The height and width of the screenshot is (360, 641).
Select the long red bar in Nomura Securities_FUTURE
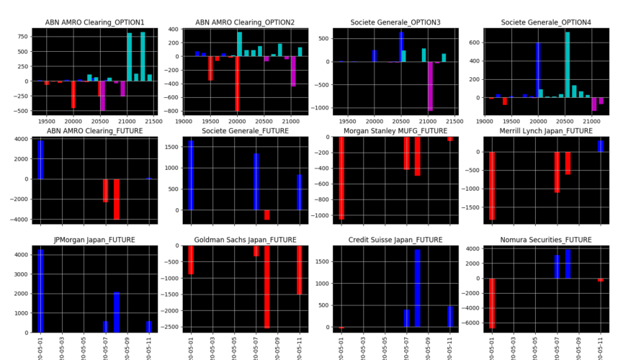[x=492, y=303]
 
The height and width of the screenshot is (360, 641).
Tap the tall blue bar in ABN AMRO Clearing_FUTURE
[x=40, y=159]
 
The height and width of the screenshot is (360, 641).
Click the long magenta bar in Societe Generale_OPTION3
[x=430, y=86]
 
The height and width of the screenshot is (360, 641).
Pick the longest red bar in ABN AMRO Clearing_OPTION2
[x=237, y=84]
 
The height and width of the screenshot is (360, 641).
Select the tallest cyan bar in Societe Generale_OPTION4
[x=567, y=65]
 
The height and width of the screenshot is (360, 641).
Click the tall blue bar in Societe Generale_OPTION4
[x=538, y=70]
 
